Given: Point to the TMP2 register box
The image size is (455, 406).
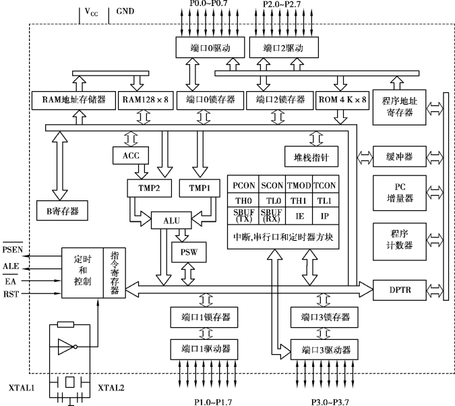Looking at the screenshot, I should pyautogui.click(x=149, y=187).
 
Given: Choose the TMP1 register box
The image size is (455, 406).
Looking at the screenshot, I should pyautogui.click(x=200, y=187).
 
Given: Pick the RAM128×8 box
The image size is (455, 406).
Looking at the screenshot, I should pyautogui.click(x=143, y=100).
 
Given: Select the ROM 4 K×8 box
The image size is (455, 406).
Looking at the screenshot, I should pyautogui.click(x=342, y=100).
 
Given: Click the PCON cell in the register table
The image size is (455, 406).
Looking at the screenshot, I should pyautogui.click(x=244, y=185).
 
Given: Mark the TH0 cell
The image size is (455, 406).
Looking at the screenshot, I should pyautogui.click(x=244, y=201).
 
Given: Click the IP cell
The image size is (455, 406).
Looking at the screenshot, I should pyautogui.click(x=324, y=216).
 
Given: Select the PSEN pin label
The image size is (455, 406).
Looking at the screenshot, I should pyautogui.click(x=15, y=251).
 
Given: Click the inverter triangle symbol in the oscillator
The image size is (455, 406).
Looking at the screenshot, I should pyautogui.click(x=65, y=348).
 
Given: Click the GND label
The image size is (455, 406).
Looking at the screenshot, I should pyautogui.click(x=125, y=11).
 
